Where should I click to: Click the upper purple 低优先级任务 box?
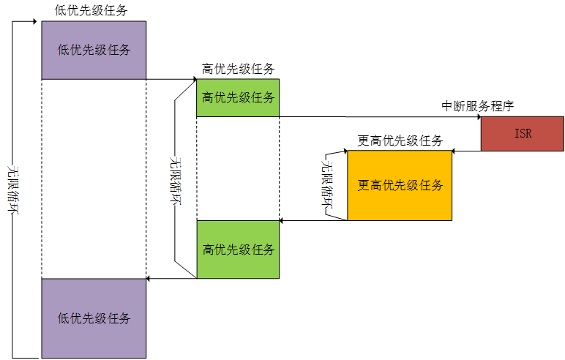click(x=94, y=50)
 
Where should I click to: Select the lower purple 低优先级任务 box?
click(x=94, y=318)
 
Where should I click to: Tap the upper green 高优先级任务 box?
click(x=238, y=97)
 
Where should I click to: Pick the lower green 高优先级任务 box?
click(x=238, y=250)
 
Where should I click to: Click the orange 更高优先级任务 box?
click(x=400, y=185)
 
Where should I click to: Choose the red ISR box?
click(x=523, y=134)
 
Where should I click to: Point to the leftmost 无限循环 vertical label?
click(x=12, y=189)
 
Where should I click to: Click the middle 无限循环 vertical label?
click(x=174, y=180)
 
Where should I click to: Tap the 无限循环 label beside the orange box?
click(x=326, y=184)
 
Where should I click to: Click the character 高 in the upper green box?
click(x=208, y=97)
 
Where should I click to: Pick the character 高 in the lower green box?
click(x=209, y=250)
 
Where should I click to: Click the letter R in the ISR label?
click(x=528, y=134)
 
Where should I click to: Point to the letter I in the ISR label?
click(x=517, y=134)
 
